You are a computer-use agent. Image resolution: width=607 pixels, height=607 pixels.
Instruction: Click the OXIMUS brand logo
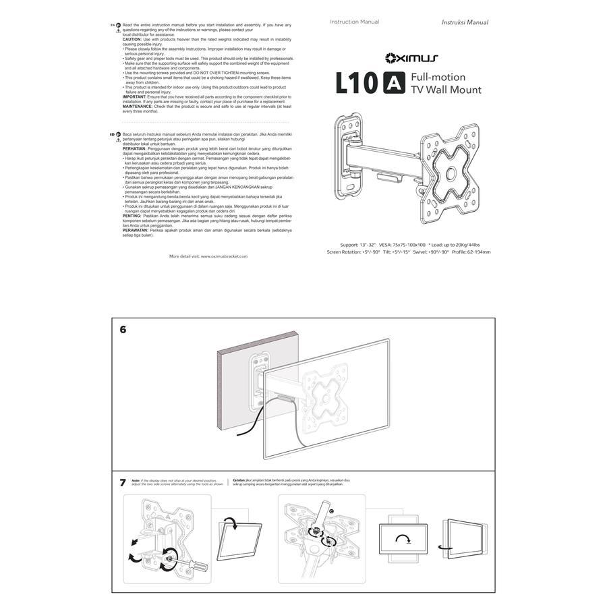pos(411,59)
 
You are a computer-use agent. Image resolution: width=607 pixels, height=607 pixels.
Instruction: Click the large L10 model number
pos(357,84)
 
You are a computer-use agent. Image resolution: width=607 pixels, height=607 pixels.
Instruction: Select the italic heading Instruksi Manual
pos(465,22)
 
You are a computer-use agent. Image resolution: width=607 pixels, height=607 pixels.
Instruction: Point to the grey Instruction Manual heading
pos(354,22)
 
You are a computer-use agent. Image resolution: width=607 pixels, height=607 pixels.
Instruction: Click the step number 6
pos(123,330)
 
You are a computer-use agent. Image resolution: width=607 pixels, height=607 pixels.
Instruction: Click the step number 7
pos(123,482)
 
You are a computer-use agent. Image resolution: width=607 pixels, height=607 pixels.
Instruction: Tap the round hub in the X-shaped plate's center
pos(449,175)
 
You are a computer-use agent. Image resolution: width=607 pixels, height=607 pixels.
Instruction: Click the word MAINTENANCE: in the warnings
pos(138,106)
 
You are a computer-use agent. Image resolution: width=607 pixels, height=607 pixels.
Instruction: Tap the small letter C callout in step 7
pos(330,512)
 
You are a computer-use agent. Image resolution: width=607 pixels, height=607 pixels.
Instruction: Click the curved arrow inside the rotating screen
pos(403,540)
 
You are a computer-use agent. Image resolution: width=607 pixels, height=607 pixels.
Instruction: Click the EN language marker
pos(112,24)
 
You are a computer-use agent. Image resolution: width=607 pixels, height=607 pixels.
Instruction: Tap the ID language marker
pos(112,134)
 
